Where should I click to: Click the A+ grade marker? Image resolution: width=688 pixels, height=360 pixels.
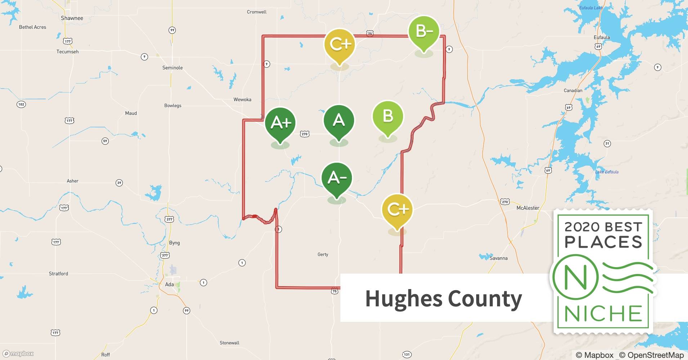280,123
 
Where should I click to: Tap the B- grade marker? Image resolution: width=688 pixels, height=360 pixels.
424,32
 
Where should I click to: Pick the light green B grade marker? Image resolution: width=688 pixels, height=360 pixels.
388,117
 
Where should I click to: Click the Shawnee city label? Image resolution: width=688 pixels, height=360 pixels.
72,18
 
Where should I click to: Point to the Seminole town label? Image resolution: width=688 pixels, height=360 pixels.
173,68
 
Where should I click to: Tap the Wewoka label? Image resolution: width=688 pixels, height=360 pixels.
242,99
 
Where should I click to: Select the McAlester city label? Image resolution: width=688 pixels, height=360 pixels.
528,208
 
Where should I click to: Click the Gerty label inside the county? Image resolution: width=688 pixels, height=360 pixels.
323,255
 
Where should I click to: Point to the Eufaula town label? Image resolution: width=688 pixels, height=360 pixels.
602,37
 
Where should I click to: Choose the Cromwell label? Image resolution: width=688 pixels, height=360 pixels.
257,12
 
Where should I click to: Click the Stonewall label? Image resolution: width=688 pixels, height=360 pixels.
229,343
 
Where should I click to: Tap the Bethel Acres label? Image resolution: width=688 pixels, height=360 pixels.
33,27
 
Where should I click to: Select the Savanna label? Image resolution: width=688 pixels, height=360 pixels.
499,258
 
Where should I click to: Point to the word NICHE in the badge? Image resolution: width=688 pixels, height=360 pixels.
603,314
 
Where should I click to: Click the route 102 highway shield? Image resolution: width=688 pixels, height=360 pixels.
21,104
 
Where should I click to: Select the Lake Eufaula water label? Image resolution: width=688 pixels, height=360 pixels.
607,172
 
